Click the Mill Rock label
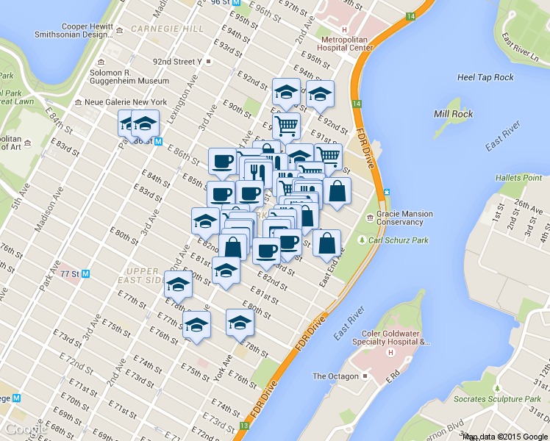tap(452, 114)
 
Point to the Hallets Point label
tap(519, 178)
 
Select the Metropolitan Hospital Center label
tap(347, 43)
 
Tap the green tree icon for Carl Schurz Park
tap(362, 240)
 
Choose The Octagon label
tap(335, 376)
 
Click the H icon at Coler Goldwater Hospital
tap(390, 352)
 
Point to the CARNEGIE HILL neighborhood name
tap(167, 29)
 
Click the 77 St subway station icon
tap(86, 273)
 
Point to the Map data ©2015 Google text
tap(505, 437)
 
